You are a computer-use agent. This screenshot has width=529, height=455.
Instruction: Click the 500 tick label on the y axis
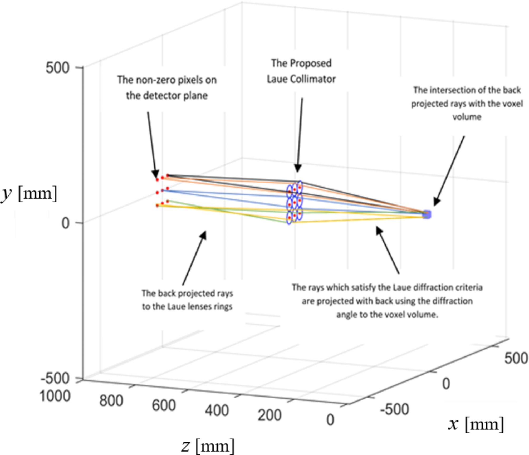57,68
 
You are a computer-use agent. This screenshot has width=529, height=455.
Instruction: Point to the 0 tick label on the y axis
65,223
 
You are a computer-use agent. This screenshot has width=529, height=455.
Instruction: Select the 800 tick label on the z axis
111,401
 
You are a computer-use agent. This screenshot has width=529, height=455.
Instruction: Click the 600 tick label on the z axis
164,405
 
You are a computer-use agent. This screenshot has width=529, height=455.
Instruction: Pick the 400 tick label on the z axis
217,410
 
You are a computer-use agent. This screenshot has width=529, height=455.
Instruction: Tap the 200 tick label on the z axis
270,415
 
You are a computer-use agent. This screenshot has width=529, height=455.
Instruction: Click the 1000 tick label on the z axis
55,396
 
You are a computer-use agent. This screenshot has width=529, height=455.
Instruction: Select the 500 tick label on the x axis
516,358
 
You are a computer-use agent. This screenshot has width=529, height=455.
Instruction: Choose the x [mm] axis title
476,424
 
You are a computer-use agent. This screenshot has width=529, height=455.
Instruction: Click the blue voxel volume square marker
427,214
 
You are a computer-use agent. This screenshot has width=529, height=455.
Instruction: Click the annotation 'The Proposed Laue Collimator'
301,71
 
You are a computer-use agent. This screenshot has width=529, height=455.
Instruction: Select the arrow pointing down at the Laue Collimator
300,134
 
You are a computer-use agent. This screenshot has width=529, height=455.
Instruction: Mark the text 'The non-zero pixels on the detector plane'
167,88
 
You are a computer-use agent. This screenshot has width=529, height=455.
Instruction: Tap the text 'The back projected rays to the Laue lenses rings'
187,300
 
